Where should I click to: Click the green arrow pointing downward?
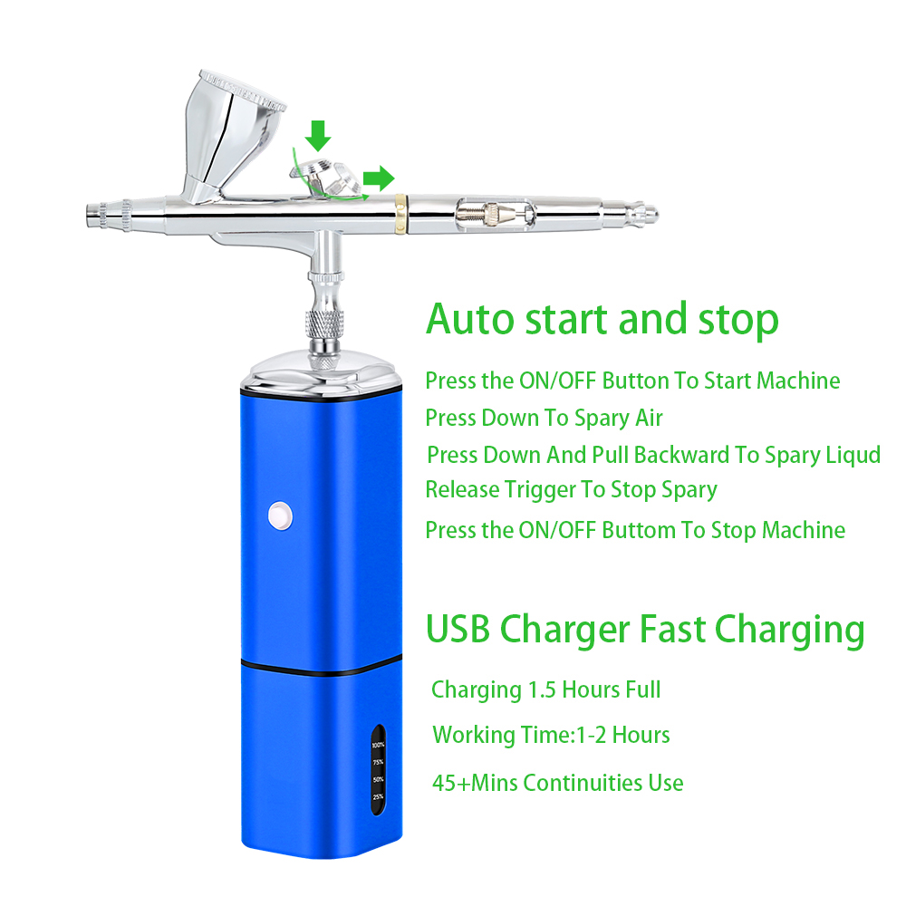tap(317, 136)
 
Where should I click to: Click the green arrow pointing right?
tap(379, 178)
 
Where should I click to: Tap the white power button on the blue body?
tap(280, 516)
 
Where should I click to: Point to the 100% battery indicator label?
tap(378, 745)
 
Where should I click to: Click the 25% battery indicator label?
tap(378, 796)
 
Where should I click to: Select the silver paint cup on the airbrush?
tap(231, 137)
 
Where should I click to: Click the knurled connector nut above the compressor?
tap(324, 324)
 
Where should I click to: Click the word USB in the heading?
tap(458, 629)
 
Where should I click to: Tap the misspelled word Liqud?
tap(853, 455)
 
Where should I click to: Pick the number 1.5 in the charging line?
tap(542, 689)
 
